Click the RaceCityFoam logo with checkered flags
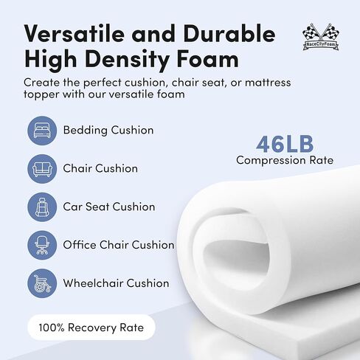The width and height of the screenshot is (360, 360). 320,37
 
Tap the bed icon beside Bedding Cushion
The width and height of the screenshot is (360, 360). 42,131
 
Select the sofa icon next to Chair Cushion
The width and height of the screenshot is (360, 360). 42,169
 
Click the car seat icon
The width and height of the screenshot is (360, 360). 42,207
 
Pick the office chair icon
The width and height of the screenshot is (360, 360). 42,245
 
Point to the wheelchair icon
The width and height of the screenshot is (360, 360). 42,283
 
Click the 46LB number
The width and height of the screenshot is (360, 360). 285,144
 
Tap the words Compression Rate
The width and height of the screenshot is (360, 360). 285,160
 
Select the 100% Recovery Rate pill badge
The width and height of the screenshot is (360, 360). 91,328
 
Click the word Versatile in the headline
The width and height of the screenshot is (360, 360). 75,34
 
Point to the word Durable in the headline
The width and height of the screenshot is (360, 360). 229,34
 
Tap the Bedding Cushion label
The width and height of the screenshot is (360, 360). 108,130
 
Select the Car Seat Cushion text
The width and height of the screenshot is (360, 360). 109,207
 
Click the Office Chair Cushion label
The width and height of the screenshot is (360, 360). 119,245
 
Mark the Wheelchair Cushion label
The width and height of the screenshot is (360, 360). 116,283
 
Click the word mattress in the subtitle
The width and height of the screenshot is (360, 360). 268,83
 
